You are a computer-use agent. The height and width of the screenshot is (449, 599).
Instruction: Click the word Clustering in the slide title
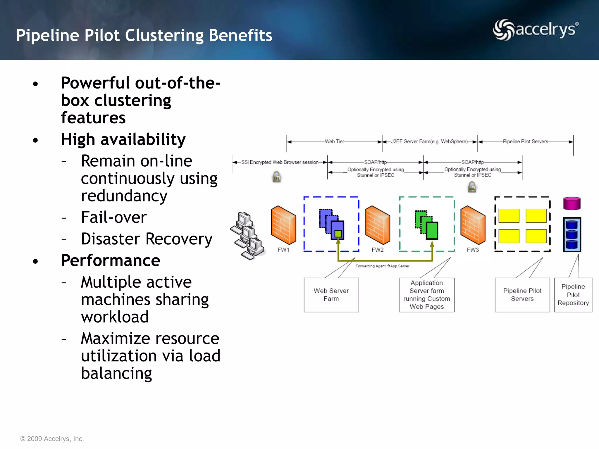pyautogui.click(x=164, y=35)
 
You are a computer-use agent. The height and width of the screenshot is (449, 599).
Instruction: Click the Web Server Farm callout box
pyautogui.click(x=331, y=295)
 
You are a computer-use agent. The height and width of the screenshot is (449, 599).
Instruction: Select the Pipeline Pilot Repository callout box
pyautogui.click(x=573, y=295)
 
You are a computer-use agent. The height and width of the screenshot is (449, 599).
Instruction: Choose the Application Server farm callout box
pyautogui.click(x=426, y=295)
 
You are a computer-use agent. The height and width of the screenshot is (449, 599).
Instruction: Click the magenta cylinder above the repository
pyautogui.click(x=572, y=203)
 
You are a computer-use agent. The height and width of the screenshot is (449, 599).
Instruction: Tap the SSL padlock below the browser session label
pyautogui.click(x=276, y=177)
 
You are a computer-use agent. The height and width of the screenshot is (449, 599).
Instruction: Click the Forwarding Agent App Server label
pyautogui.click(x=382, y=266)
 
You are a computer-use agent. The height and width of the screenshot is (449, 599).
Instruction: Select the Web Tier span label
pyautogui.click(x=334, y=141)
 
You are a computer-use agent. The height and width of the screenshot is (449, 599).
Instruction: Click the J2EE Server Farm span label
pyautogui.click(x=429, y=141)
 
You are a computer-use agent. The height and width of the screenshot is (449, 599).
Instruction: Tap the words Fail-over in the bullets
pyautogui.click(x=114, y=217)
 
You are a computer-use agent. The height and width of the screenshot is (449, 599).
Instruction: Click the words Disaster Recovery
pyautogui.click(x=147, y=239)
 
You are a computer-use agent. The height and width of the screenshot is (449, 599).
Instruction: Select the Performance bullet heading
pyautogui.click(x=111, y=260)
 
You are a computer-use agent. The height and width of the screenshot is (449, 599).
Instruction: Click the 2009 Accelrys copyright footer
pyautogui.click(x=52, y=438)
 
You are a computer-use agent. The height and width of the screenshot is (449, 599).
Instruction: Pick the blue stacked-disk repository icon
pyautogui.click(x=572, y=234)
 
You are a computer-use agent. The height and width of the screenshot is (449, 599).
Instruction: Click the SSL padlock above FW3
pyautogui.click(x=472, y=187)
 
